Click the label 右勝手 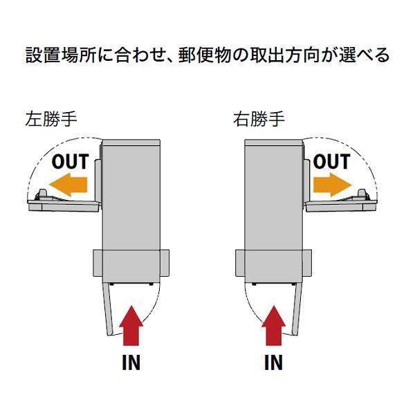coord(259,119)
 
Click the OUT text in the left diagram coord(70,162)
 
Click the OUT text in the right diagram coord(331,162)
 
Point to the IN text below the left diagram coord(130,362)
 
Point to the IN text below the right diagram coord(273,362)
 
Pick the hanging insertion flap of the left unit coord(109,311)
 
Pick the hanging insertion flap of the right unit coord(296,311)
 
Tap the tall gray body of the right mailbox coord(273,207)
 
